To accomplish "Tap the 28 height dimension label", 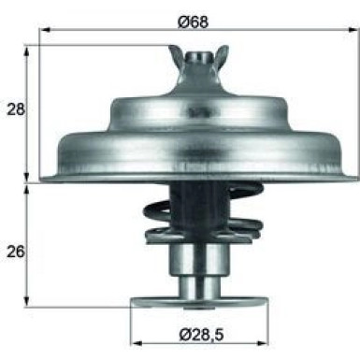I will click(x=15, y=108).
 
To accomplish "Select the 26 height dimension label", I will click(x=15, y=252).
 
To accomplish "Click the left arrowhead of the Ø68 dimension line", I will click(x=44, y=30).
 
